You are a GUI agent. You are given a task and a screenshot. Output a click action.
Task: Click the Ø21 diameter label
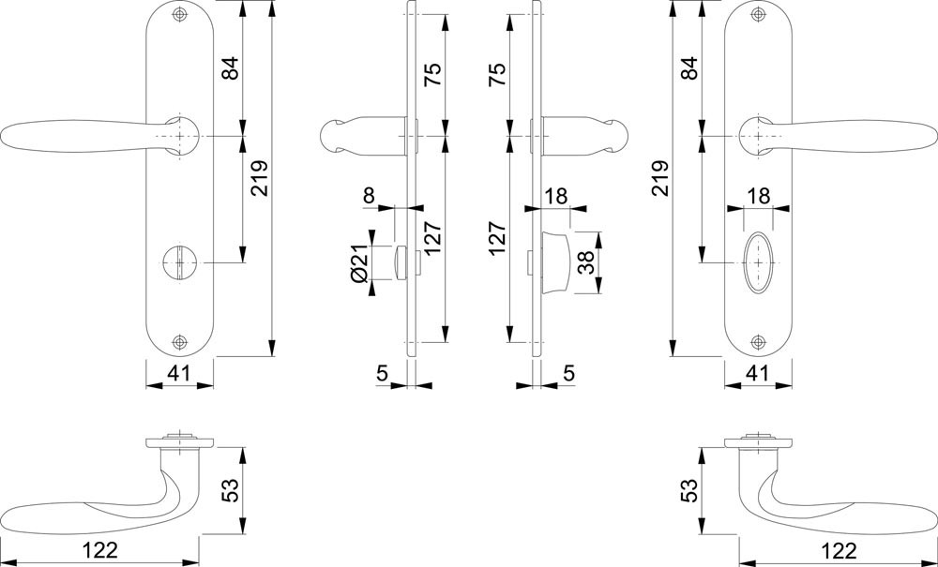(x=359, y=263)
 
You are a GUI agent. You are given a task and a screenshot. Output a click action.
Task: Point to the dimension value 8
(x=369, y=195)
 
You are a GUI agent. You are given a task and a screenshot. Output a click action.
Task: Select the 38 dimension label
(x=585, y=263)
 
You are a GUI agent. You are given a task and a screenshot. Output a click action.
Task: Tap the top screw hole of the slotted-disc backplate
(x=179, y=14)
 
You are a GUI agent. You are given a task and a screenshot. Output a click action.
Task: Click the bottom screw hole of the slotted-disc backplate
(x=179, y=342)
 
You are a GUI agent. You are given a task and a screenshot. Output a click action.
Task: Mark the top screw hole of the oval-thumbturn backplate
(x=759, y=14)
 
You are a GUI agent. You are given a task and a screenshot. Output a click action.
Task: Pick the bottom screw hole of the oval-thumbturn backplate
(x=759, y=342)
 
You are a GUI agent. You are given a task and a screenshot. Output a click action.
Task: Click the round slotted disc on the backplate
(x=179, y=262)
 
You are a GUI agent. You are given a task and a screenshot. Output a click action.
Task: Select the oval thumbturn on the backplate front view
(x=759, y=263)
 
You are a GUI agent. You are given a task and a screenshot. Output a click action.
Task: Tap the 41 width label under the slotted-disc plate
(x=179, y=373)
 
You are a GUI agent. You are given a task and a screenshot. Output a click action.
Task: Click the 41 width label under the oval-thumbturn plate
(x=758, y=373)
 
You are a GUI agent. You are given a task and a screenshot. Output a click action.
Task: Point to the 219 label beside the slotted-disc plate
(x=260, y=178)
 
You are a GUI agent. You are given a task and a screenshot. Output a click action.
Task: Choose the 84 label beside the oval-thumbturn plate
(x=689, y=67)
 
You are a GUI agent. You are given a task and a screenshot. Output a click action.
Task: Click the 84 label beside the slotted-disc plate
(x=231, y=67)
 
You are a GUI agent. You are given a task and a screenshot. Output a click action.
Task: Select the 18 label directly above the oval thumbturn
(x=759, y=196)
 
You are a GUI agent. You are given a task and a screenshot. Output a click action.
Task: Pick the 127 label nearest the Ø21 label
(x=433, y=238)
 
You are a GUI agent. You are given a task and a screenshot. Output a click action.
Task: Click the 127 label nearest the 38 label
(x=498, y=238)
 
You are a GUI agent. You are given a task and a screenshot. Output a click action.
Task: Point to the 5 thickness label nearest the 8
(x=383, y=373)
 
